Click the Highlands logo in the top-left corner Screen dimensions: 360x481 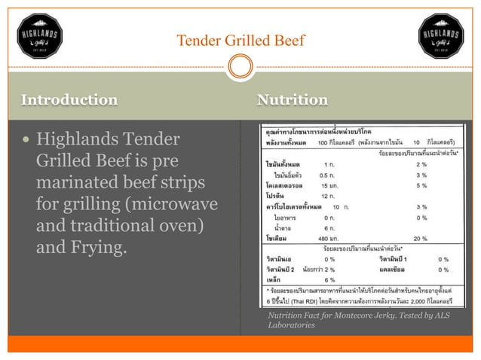(x=39, y=35)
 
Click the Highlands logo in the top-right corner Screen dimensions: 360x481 (x=441, y=35)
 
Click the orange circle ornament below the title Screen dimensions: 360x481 (x=240, y=68)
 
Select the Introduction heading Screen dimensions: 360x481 (x=69, y=99)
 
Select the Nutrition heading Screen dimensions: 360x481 (x=292, y=99)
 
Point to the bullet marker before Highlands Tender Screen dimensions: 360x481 (x=26, y=140)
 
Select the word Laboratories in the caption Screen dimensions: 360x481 (x=291, y=325)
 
